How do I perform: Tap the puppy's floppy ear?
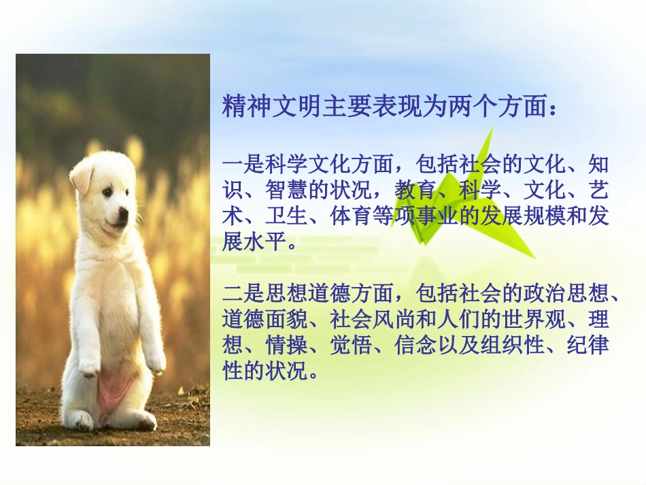tap(81, 178)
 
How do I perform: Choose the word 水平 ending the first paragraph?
tap(265, 243)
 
